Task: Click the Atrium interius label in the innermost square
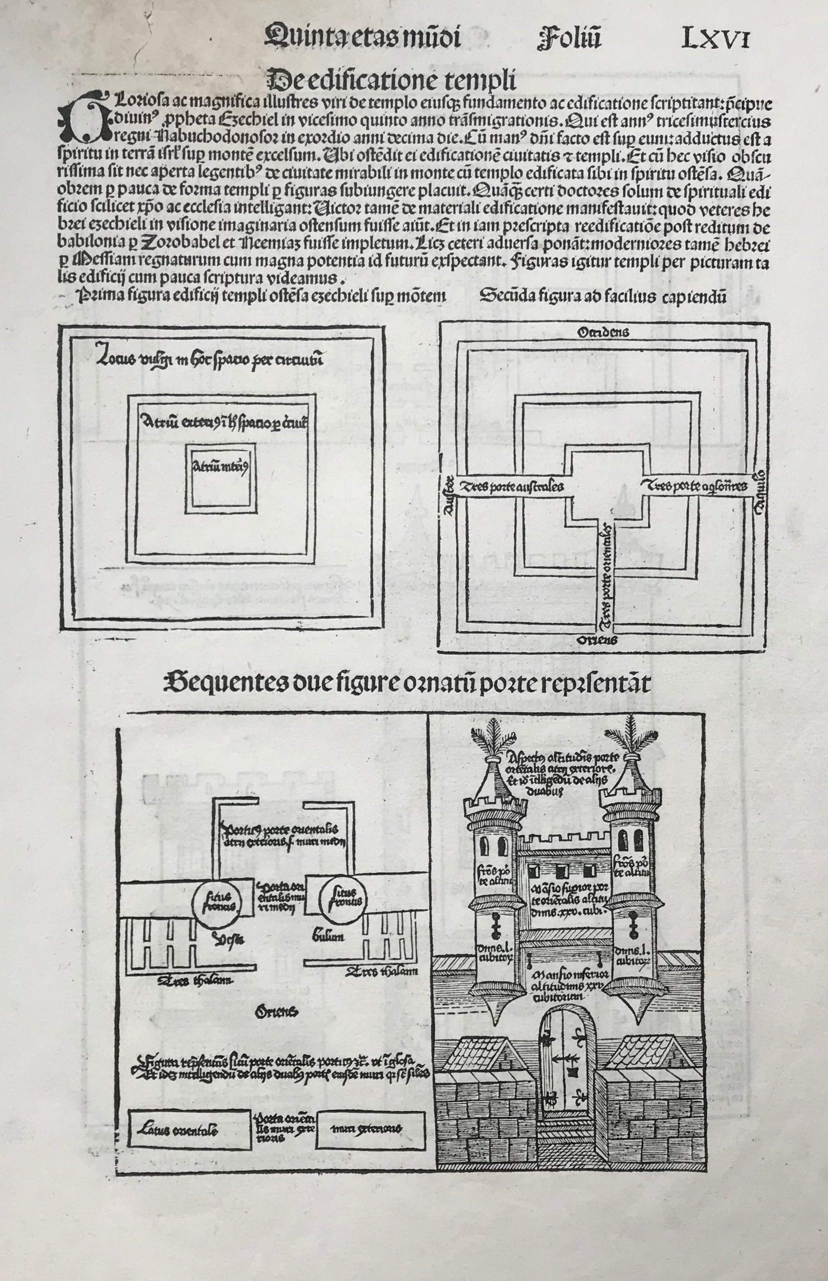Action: coord(219,466)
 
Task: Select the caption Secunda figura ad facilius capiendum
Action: coord(603,298)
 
